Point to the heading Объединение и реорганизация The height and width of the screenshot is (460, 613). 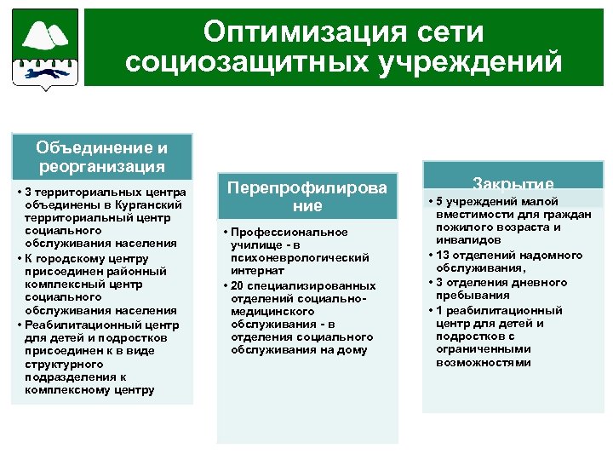click(x=102, y=156)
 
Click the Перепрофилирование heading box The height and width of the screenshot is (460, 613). click(x=307, y=196)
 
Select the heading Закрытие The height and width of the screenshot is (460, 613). click(x=513, y=184)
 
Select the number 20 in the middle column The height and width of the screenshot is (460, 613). click(x=237, y=285)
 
